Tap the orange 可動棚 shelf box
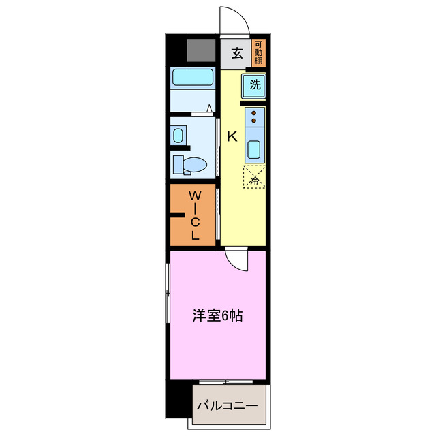coord(258,54)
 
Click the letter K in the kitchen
coord(232,137)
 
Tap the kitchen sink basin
coord(254,149)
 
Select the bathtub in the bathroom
coord(193,78)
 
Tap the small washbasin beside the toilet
coord(178,135)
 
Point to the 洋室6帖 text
coord(217,316)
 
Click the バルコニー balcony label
coord(227,407)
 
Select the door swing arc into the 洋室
coord(238,260)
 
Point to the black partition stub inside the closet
coord(178,217)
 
